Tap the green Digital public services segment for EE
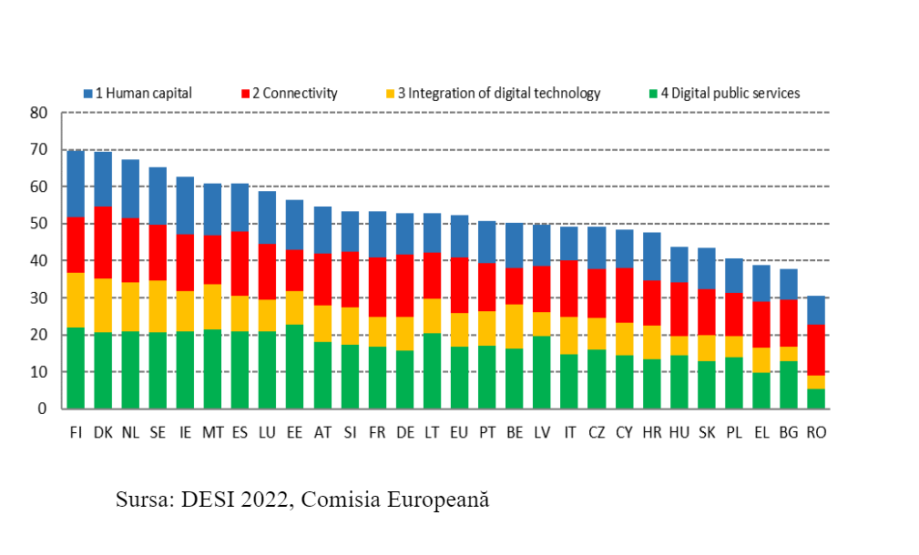[x=295, y=366]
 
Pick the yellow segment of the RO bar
[x=816, y=382]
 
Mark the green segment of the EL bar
[x=761, y=390]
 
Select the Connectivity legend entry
[x=289, y=93]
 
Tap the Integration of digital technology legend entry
[x=492, y=93]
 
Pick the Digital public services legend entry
[x=724, y=93]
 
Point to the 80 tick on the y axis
[x=38, y=113]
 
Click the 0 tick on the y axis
[x=43, y=409]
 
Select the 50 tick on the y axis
[x=38, y=224]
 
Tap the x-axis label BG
[x=789, y=431]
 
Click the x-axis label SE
[x=158, y=431]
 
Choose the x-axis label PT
[x=487, y=431]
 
